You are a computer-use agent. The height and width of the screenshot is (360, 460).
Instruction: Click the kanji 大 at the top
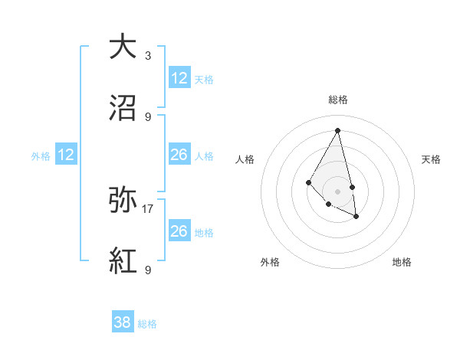coord(123,47)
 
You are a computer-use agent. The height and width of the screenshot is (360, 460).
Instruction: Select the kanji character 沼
coord(123,108)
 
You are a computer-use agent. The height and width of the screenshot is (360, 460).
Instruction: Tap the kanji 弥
coord(123,200)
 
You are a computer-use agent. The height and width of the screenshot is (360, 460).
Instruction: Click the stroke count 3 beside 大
coord(148,55)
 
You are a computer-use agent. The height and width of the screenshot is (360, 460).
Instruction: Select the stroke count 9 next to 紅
coord(148,270)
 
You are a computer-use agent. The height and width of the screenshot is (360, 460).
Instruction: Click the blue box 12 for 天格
coord(179,78)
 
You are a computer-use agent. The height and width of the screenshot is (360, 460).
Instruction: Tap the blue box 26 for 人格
coord(179,155)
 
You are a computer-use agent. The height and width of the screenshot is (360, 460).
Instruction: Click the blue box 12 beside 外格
coord(66,155)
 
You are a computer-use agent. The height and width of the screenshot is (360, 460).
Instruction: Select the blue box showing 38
coord(123,322)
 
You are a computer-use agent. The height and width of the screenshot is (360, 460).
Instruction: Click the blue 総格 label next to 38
coord(147,324)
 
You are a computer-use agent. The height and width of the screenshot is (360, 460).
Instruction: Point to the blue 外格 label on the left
coord(41,156)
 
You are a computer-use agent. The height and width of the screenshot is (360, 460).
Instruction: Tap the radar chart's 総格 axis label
coord(337,100)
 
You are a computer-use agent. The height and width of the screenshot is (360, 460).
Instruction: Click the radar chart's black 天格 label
coord(431,159)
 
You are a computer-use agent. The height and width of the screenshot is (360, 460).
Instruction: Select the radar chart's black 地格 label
coord(402,262)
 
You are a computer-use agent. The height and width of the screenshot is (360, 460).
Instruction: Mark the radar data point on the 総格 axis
coord(337,130)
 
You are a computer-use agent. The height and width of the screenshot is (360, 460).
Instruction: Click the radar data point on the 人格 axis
coord(308,182)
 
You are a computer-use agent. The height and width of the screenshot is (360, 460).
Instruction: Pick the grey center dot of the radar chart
coord(337,191)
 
